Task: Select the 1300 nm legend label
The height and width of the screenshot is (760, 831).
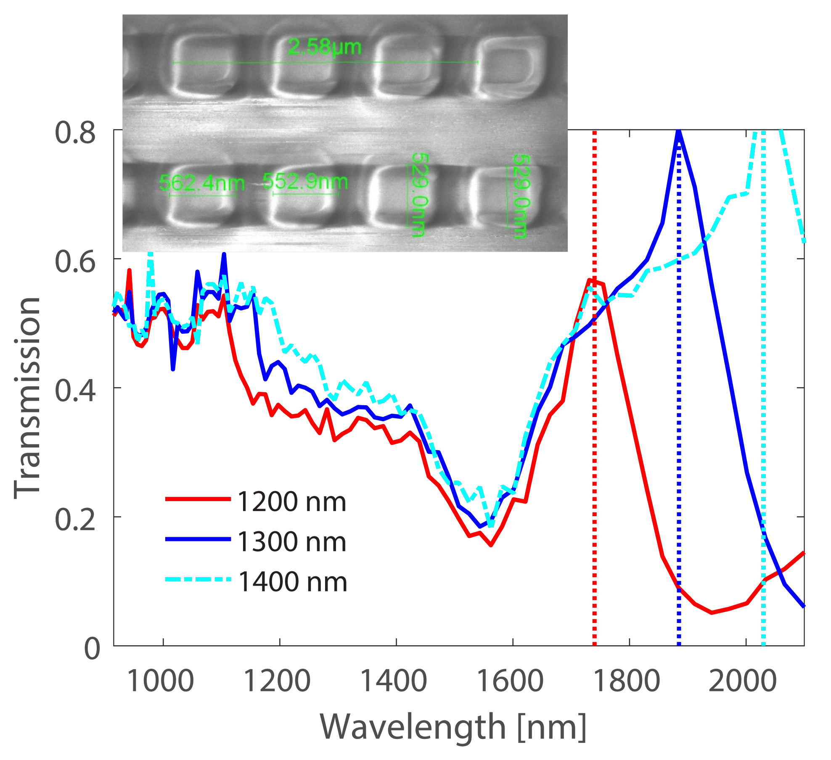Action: pyautogui.click(x=291, y=542)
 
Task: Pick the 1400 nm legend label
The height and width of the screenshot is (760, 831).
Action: pyautogui.click(x=292, y=582)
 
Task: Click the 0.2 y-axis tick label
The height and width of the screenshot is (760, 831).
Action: pyautogui.click(x=75, y=520)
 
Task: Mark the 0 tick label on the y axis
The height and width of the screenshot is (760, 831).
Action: pyautogui.click(x=92, y=648)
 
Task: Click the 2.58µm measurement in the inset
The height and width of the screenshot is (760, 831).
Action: pyautogui.click(x=324, y=47)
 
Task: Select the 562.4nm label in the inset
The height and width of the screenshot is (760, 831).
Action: pyautogui.click(x=202, y=183)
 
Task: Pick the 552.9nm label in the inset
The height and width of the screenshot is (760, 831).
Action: pyautogui.click(x=305, y=182)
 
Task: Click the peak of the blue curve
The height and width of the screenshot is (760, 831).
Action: pyautogui.click(x=678, y=133)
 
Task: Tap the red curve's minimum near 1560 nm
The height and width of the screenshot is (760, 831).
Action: pyautogui.click(x=491, y=545)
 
